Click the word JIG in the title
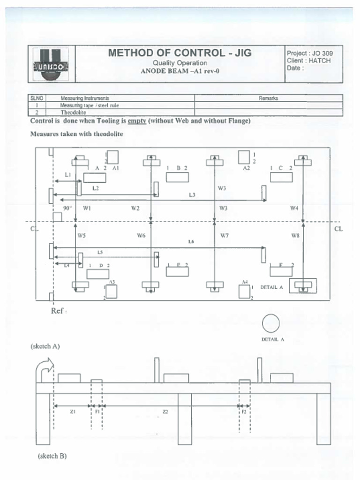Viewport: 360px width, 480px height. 240,53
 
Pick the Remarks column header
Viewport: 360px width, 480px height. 268,98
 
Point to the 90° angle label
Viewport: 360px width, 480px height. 67,208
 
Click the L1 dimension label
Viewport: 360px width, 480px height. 68,174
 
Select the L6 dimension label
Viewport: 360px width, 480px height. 191,242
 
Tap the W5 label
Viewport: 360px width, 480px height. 82,236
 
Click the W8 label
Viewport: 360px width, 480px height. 295,236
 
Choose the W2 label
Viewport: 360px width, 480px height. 135,208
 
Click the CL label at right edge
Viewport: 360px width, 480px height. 339,229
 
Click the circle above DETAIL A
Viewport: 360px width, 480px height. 271,323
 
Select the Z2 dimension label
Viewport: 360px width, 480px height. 165,412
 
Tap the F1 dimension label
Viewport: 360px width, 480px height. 97,412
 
